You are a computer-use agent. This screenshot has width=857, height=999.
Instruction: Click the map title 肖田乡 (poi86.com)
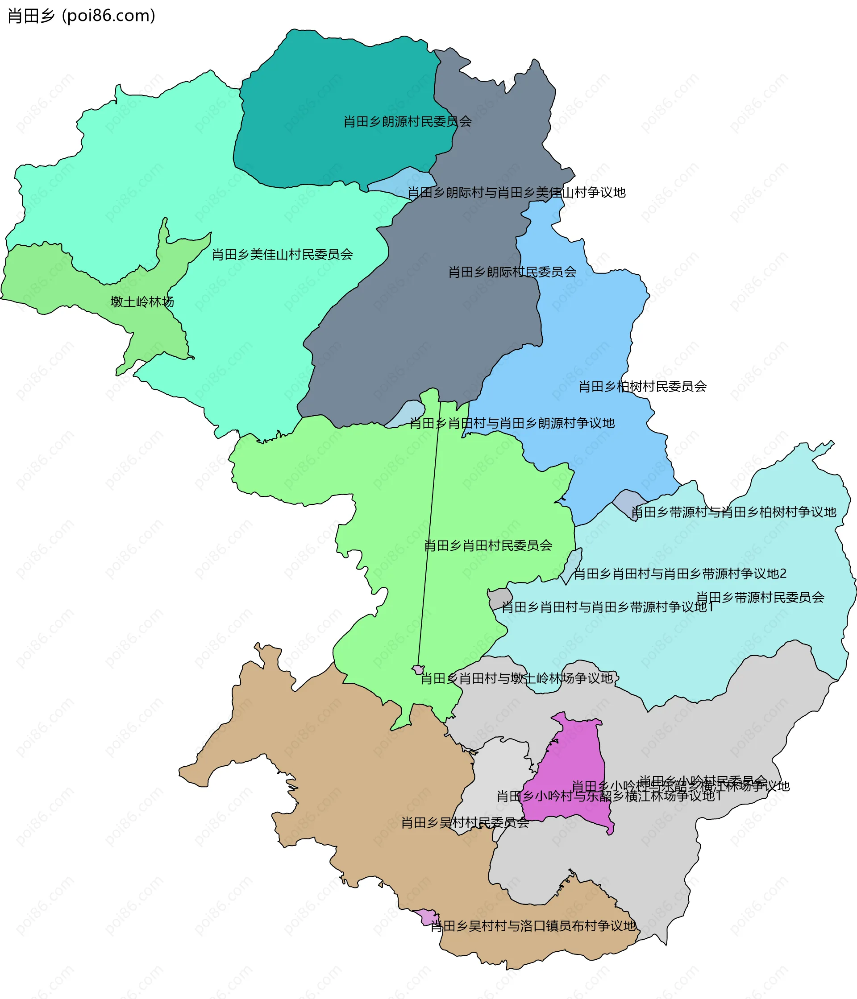pos(81,16)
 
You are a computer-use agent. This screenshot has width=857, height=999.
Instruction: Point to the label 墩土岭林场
pos(142,302)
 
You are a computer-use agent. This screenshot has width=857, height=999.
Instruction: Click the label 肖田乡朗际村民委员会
pos(512,272)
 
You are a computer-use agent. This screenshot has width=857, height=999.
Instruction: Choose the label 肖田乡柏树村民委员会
pos(642,387)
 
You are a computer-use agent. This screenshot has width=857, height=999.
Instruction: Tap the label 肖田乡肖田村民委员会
pos(488,546)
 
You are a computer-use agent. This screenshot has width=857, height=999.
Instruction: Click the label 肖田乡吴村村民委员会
pos(465,823)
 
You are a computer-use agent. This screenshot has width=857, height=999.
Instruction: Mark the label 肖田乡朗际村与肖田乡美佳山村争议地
pos(516,193)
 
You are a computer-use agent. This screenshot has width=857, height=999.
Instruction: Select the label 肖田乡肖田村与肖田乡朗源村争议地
pos(512,423)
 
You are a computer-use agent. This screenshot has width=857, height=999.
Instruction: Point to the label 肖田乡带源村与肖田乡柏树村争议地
pos(733,512)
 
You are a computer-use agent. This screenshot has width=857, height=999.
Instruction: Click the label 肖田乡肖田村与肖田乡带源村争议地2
pos(680,574)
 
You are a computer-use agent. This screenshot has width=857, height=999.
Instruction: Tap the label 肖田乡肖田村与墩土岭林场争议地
pos(517,679)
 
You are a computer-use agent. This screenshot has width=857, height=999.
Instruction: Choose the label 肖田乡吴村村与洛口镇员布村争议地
pos(533,926)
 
